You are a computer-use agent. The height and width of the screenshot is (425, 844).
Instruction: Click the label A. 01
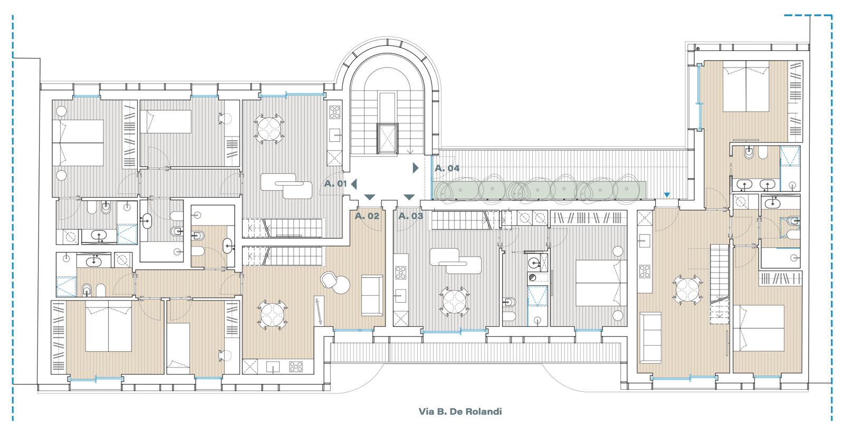click(x=335, y=184)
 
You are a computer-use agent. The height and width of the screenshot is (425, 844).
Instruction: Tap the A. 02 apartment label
click(x=367, y=216)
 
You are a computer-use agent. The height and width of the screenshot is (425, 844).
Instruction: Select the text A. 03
click(x=411, y=216)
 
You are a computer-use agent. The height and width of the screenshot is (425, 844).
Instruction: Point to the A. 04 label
click(x=447, y=168)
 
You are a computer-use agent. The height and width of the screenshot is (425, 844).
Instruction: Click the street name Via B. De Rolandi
click(x=460, y=411)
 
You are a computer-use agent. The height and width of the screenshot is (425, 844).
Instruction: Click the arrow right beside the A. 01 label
click(x=354, y=184)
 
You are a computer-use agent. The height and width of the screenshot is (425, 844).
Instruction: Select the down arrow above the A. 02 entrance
click(x=370, y=197)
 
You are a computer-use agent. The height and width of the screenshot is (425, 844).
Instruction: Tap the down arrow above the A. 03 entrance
click(x=409, y=197)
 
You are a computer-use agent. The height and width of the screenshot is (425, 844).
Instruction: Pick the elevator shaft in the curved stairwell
click(x=387, y=138)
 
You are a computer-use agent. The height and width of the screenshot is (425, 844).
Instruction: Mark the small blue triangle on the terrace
click(x=667, y=195)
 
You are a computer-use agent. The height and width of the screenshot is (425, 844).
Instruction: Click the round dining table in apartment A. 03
click(x=454, y=302)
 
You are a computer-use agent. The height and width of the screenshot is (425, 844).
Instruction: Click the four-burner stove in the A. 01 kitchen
click(x=334, y=112)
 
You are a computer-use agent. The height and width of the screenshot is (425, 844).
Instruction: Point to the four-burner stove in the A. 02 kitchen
click(x=296, y=366)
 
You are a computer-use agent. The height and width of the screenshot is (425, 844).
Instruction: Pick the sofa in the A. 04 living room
click(x=650, y=337)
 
